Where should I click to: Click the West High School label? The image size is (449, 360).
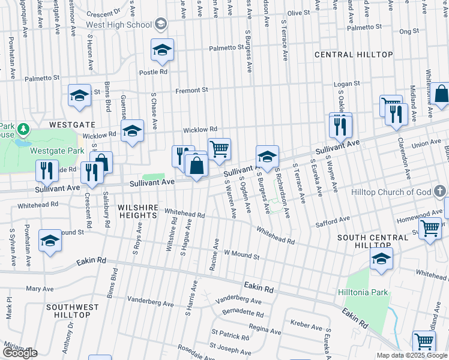point(119,25)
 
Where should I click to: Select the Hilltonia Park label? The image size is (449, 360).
point(363,293)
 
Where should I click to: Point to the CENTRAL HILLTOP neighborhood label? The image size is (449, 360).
point(354,55)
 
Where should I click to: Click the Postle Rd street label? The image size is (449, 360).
point(153,72)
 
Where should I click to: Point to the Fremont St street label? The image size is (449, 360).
point(191,91)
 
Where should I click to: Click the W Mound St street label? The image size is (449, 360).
point(241,255)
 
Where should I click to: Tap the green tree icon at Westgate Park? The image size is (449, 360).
point(23,128)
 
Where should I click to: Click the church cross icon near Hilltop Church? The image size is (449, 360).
point(441,192)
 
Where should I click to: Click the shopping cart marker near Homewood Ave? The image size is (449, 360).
point(430,229)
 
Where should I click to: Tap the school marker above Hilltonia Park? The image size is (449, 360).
point(381,259)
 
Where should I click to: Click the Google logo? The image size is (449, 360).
point(20,353)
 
